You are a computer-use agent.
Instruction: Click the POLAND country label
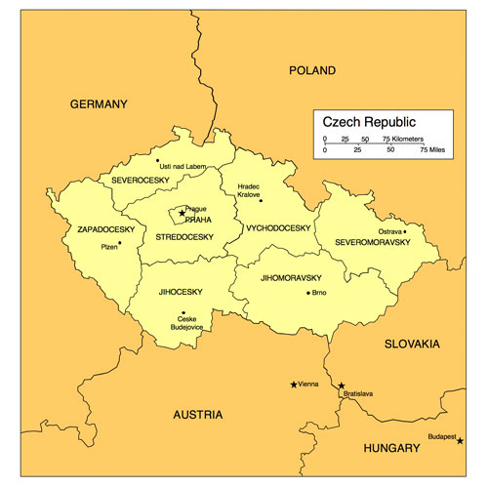click(x=312, y=70)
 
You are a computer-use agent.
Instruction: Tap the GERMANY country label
click(x=99, y=103)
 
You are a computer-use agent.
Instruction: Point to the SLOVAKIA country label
click(x=412, y=345)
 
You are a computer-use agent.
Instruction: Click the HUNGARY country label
click(x=390, y=448)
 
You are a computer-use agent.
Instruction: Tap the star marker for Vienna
click(x=294, y=384)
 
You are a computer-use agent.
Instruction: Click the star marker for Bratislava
click(x=341, y=386)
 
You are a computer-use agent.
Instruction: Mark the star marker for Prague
click(x=181, y=212)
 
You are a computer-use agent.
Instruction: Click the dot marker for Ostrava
click(x=405, y=231)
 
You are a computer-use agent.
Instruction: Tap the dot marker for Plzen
click(x=120, y=243)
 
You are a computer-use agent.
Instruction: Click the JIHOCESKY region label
click(x=180, y=291)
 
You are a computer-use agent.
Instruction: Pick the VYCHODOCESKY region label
click(x=278, y=227)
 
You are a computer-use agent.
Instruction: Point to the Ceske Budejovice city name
click(x=185, y=324)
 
